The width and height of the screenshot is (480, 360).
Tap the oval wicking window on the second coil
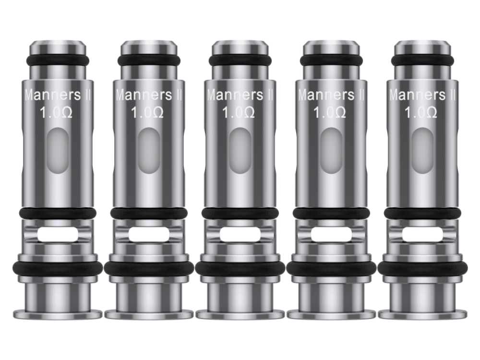tap(149, 151)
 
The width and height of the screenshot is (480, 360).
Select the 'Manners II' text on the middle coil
tap(240, 95)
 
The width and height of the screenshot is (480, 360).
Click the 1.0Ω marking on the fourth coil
tap(330, 112)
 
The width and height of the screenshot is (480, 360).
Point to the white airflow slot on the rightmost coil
tap(422, 235)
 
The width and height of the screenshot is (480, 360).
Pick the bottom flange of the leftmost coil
tap(58, 314)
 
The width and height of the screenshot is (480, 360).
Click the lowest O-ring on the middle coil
tap(240, 268)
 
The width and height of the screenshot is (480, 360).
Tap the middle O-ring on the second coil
tap(149, 213)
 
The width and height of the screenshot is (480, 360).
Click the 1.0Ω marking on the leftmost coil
tap(56, 112)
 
